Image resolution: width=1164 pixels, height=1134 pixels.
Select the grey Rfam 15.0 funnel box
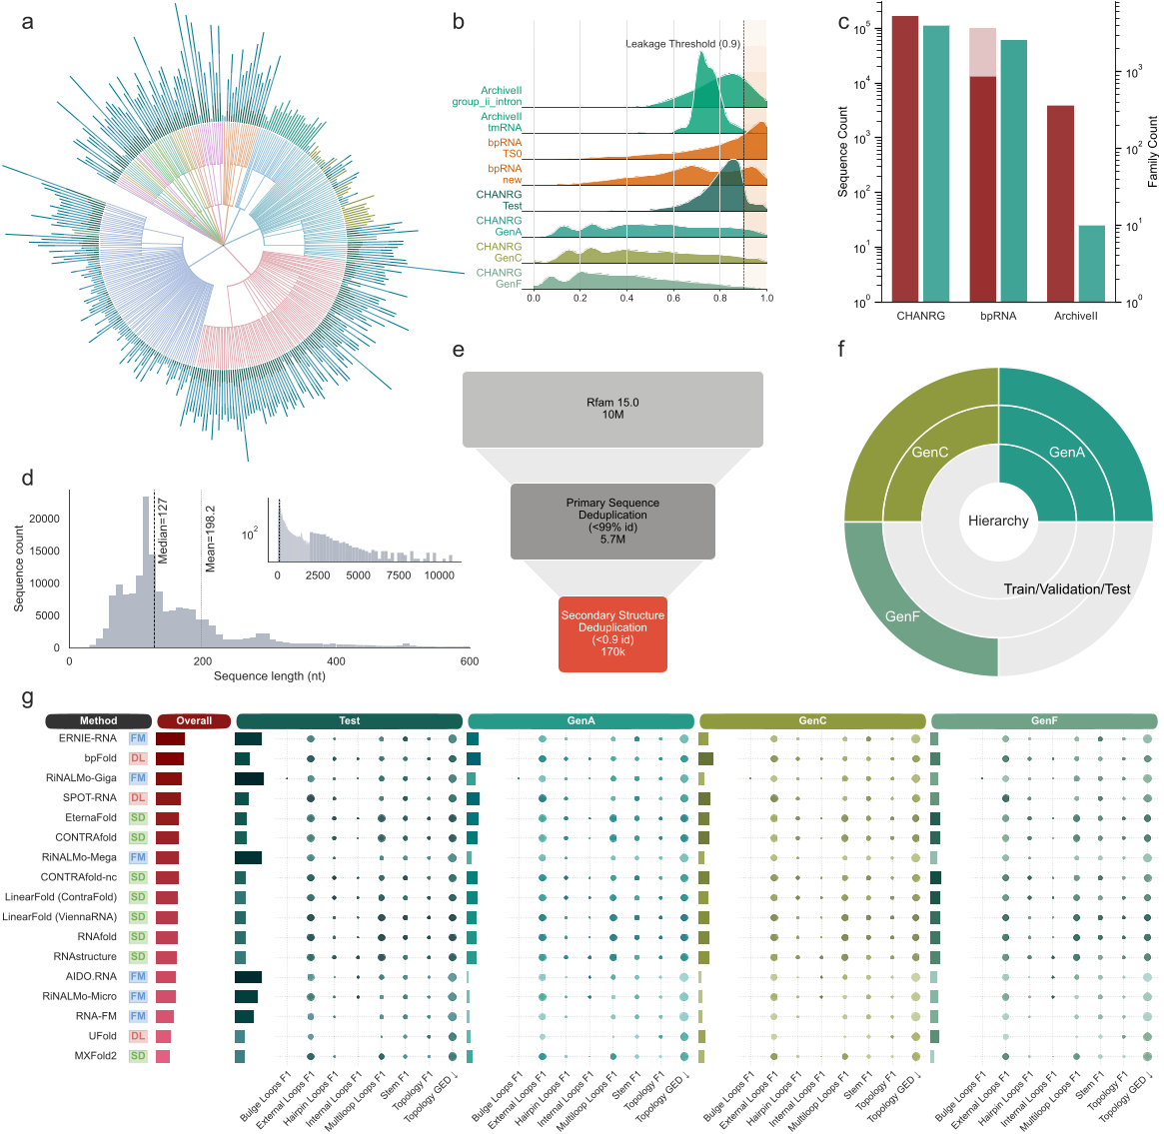point(612,409)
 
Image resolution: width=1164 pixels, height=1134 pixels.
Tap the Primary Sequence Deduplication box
point(612,521)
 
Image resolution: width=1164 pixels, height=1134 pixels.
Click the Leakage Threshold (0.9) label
point(682,44)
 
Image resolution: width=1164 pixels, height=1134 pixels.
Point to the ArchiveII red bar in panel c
point(1060,203)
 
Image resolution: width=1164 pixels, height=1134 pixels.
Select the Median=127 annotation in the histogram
point(163,531)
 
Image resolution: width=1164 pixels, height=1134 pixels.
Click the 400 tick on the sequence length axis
point(336,661)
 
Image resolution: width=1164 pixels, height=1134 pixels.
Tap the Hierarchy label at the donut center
point(998,521)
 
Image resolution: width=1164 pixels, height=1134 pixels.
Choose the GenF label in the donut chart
point(902,616)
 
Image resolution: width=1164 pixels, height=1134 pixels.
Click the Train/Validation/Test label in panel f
point(1067,589)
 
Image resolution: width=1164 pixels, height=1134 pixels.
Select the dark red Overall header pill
point(194,720)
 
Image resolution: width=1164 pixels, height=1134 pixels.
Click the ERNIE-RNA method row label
point(88,738)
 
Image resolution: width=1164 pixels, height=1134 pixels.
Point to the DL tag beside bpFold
point(138,758)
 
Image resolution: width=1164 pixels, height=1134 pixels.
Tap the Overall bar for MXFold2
point(163,1056)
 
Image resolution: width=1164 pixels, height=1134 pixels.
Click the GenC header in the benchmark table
point(812,720)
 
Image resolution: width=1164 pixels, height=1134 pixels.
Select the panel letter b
point(459,21)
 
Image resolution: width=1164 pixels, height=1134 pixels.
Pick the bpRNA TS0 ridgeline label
point(505,148)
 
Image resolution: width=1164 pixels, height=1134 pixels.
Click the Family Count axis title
point(1152,151)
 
